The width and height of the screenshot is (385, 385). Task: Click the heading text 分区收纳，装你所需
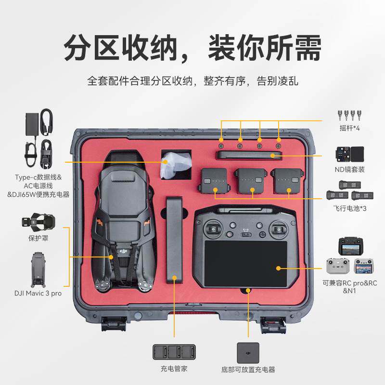click(192, 48)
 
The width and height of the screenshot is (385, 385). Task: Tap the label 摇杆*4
click(350, 128)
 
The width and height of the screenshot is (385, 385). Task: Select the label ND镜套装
click(350, 169)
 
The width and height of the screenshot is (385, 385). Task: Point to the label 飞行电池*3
click(350, 208)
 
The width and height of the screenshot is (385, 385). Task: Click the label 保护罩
click(38, 238)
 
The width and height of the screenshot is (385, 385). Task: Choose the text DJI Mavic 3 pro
click(38, 293)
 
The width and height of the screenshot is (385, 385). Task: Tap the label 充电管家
click(174, 370)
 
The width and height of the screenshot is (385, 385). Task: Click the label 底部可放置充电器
click(248, 370)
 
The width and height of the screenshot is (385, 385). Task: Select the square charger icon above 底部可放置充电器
click(248, 353)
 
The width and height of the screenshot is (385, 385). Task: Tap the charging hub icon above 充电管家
click(174, 352)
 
